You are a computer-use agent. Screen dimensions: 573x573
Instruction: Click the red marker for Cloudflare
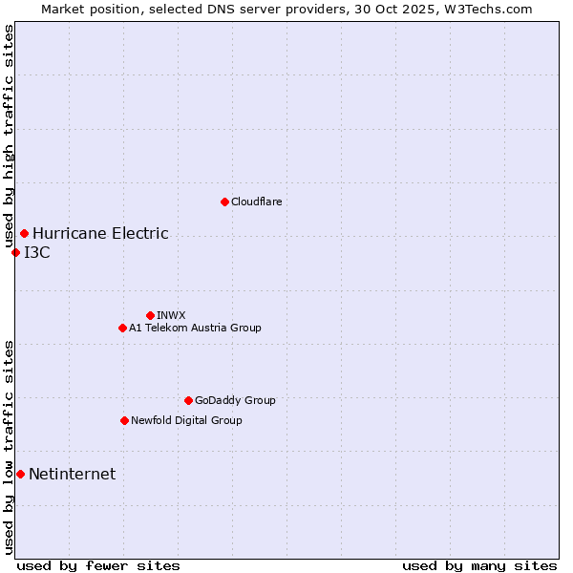click(x=224, y=202)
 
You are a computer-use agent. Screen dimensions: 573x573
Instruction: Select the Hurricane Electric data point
click(x=24, y=233)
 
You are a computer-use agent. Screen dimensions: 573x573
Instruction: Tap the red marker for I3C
click(x=15, y=252)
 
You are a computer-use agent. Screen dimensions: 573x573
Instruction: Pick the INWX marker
click(x=150, y=315)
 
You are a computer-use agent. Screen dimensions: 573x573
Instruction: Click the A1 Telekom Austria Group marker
click(x=122, y=328)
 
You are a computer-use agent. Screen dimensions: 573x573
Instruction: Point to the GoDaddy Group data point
click(x=188, y=400)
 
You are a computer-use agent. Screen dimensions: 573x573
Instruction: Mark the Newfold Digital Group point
click(x=124, y=420)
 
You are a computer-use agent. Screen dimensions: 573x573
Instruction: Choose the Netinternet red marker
click(x=20, y=474)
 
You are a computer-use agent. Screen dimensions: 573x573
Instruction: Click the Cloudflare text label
click(x=257, y=202)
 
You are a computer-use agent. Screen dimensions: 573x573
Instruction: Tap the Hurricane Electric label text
click(x=100, y=233)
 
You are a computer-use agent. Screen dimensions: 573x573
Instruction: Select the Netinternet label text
click(x=73, y=474)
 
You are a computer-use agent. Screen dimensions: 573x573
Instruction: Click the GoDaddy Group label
click(x=235, y=400)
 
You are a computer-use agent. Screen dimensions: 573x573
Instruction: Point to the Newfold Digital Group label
click(x=186, y=420)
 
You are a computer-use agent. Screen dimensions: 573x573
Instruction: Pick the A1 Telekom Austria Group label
click(x=195, y=328)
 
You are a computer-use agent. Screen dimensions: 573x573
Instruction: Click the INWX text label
click(x=171, y=315)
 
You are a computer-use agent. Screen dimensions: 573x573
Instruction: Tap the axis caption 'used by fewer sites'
click(x=98, y=565)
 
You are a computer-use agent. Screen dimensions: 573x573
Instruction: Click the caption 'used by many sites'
click(x=479, y=565)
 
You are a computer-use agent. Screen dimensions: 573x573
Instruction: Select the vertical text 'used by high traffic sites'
click(x=10, y=137)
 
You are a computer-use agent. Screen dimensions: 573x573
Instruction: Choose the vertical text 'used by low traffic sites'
click(x=10, y=447)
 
